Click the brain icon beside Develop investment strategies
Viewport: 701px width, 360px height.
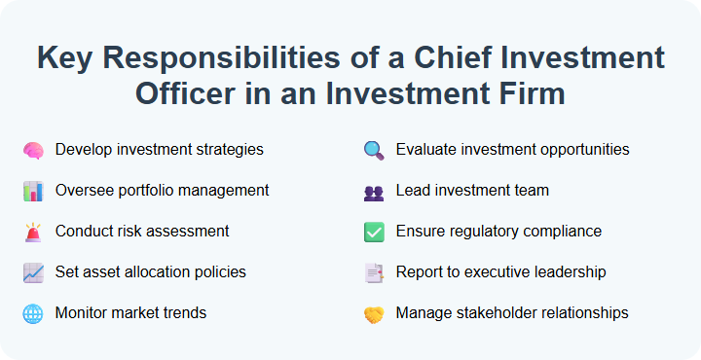(33, 151)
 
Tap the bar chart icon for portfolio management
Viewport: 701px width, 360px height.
(33, 192)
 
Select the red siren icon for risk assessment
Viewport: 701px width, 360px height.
(33, 233)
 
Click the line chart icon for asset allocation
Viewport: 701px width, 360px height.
(33, 273)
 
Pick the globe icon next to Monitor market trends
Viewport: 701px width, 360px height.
(33, 314)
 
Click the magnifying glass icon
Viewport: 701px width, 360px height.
(374, 151)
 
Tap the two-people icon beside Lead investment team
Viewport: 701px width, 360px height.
(374, 192)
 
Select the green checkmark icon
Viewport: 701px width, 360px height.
(374, 233)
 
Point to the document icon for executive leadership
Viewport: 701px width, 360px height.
(374, 273)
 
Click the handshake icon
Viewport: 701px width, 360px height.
(374, 314)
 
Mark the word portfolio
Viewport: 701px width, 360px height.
(145, 191)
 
